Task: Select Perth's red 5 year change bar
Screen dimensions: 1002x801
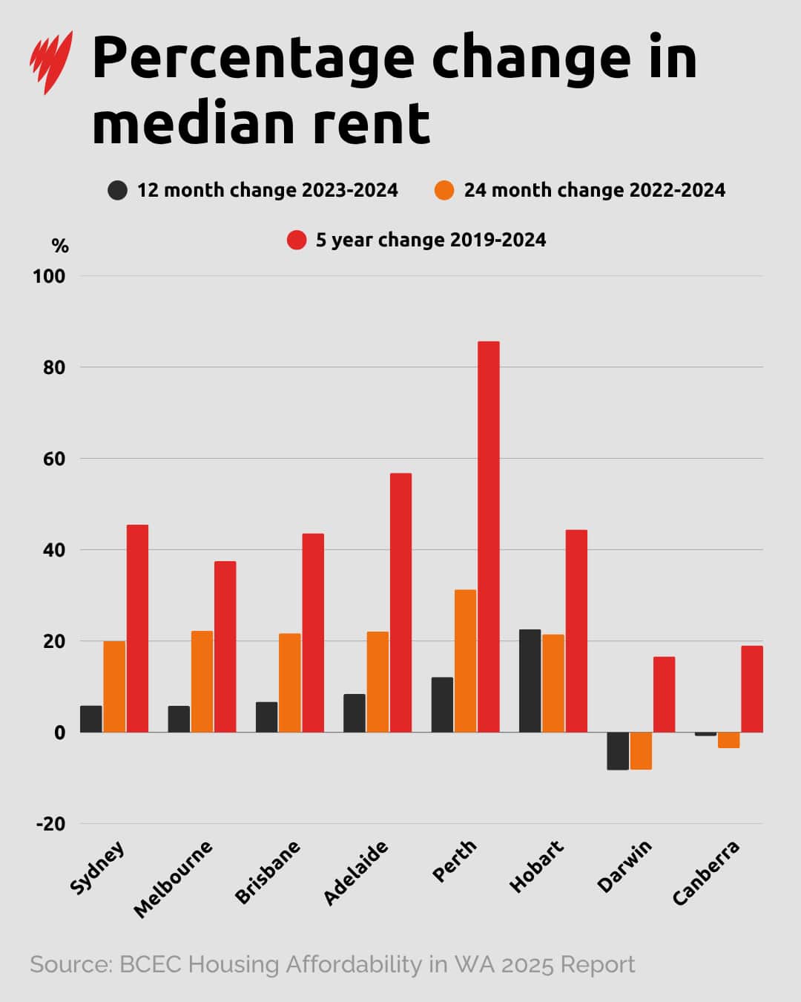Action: click(489, 537)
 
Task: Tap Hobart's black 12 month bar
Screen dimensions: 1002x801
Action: click(530, 681)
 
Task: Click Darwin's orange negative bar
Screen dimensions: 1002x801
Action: click(641, 750)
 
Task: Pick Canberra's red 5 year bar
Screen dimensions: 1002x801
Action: click(751, 689)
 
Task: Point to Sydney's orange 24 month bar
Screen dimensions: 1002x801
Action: click(114, 687)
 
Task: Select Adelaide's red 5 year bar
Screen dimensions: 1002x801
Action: click(400, 603)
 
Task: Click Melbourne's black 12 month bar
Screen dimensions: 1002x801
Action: click(179, 718)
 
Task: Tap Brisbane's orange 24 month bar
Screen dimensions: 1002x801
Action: click(290, 683)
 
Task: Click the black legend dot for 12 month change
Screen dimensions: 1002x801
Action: click(117, 190)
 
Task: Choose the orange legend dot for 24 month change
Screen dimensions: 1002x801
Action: click(444, 190)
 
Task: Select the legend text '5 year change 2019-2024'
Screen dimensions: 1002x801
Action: click(430, 240)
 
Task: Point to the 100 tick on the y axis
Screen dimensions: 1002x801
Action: click(49, 276)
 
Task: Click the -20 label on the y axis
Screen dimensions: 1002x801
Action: click(50, 824)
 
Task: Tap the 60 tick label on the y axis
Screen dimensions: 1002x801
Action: click(53, 459)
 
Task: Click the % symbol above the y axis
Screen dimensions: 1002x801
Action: click(60, 246)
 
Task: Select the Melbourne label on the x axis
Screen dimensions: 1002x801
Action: click(173, 879)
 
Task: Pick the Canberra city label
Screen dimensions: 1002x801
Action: click(705, 873)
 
